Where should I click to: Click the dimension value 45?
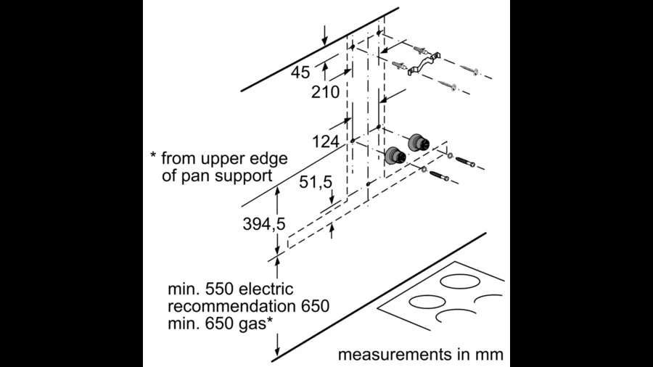[300, 73]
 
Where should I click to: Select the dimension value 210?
[325, 92]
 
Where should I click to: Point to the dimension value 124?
[326, 142]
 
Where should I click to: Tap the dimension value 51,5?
[316, 182]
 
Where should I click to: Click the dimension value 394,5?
[264, 224]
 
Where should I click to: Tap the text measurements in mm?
[420, 355]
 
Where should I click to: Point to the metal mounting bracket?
[424, 64]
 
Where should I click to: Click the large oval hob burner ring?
[460, 281]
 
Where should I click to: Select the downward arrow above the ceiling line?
[324, 35]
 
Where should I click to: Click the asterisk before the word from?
[153, 156]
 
